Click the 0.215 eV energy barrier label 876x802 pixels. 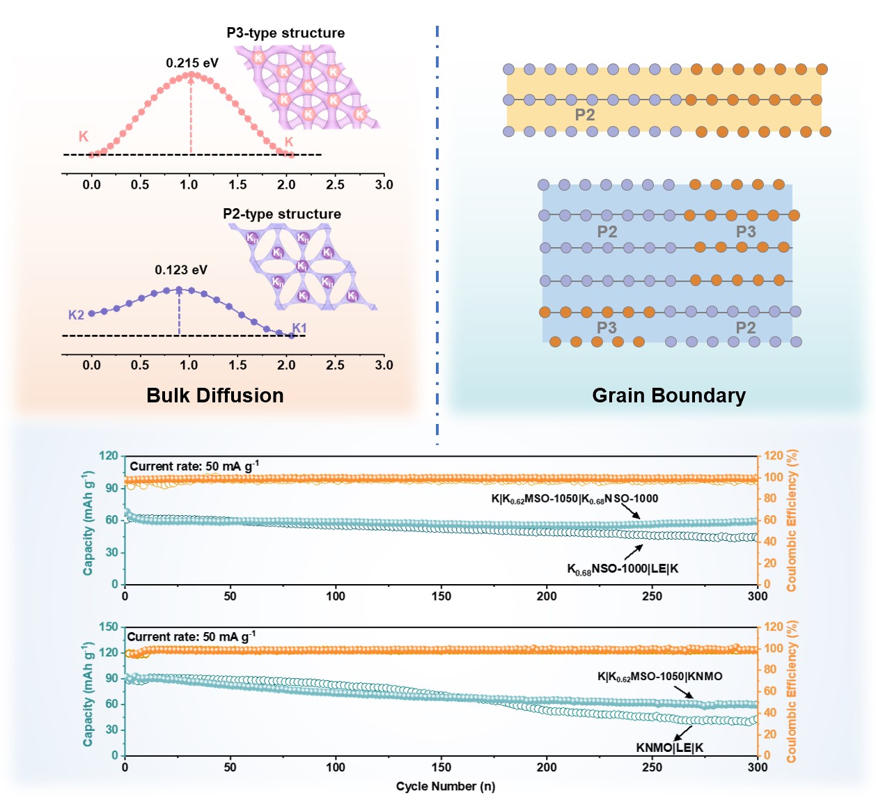(x=192, y=63)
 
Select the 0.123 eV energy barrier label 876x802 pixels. (x=181, y=270)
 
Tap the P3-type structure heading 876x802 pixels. (x=286, y=33)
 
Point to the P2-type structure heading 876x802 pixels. (x=282, y=214)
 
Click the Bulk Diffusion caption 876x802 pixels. (x=215, y=395)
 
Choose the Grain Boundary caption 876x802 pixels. (x=668, y=395)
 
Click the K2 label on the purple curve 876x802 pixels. (x=76, y=315)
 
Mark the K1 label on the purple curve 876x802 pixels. (x=299, y=328)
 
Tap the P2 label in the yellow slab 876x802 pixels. (x=585, y=115)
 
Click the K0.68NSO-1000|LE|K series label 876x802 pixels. (x=623, y=569)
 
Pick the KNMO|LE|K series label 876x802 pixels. (x=669, y=748)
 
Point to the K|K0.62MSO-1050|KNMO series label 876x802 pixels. (x=659, y=677)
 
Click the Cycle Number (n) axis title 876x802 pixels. (x=446, y=786)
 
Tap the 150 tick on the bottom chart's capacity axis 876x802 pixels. (x=109, y=627)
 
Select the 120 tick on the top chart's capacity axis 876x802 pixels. (x=109, y=455)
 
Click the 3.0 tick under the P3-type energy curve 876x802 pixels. (x=384, y=184)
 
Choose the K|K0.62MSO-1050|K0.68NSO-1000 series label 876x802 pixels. (x=574, y=498)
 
